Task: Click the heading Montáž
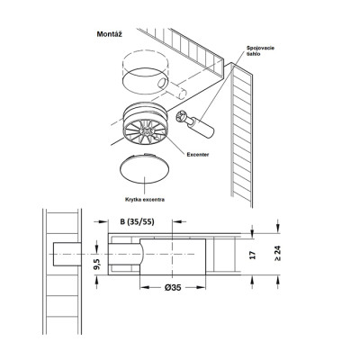tap(110, 34)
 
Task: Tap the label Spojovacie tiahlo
tap(260, 50)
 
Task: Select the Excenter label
tap(198, 155)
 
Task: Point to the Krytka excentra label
tap(145, 200)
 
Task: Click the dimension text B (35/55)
tap(137, 221)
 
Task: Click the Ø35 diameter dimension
tap(173, 287)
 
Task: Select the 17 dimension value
tap(253, 256)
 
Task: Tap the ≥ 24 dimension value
tap(278, 254)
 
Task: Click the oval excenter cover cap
tap(144, 168)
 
